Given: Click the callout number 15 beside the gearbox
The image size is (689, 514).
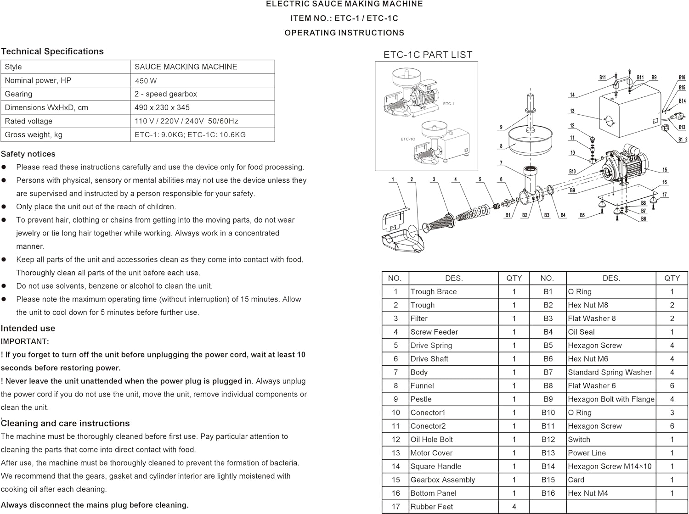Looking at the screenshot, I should (665, 170).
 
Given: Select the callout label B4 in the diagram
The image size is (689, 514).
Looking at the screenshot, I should (563, 215).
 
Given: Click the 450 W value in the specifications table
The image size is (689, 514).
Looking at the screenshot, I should (146, 81).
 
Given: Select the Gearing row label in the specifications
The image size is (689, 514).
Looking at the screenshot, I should (18, 94).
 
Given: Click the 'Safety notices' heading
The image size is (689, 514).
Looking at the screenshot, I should (28, 154).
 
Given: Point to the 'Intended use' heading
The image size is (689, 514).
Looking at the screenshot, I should (28, 329).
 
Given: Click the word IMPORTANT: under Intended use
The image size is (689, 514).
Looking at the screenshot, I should (25, 341).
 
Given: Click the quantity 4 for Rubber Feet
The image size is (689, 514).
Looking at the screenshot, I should (514, 507).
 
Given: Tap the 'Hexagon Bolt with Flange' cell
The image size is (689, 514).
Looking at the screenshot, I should (611, 399).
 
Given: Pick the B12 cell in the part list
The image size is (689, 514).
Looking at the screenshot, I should (548, 440).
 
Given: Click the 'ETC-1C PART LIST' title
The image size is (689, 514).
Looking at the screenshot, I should (428, 55).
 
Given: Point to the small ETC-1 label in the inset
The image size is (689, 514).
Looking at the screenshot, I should (449, 104).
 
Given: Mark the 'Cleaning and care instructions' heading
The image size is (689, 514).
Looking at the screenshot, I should (65, 424).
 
